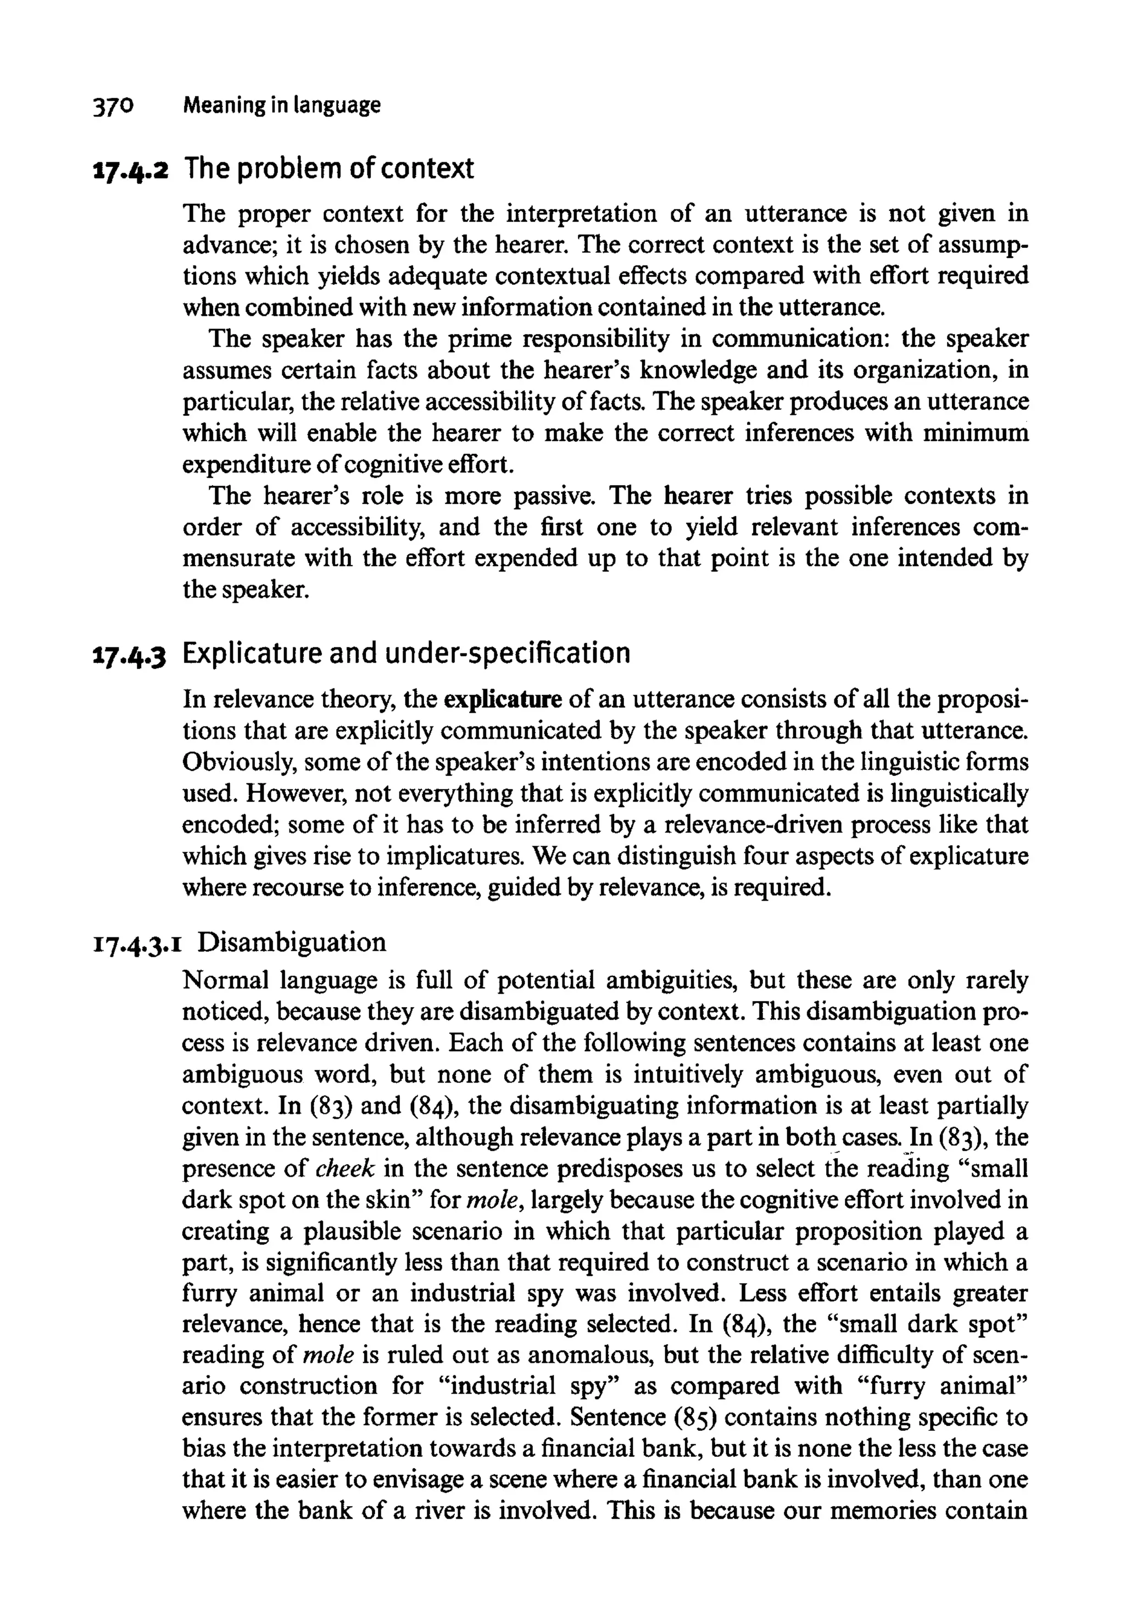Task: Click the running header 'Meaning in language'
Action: coord(281,106)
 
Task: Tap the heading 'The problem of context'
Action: coord(328,169)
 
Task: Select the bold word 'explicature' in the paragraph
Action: coord(503,700)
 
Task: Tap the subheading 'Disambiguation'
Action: coord(291,942)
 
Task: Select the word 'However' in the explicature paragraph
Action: coord(294,793)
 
